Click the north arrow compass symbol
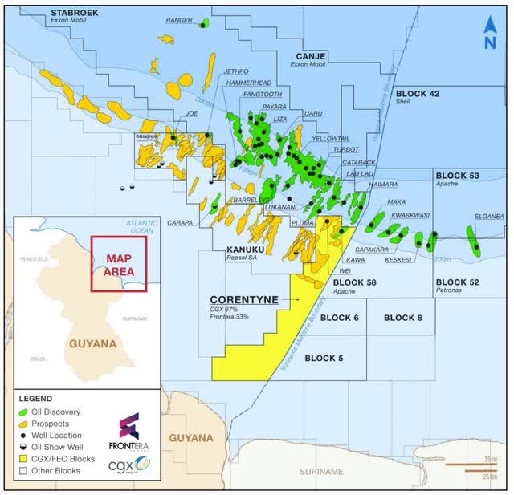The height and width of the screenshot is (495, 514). (x=489, y=34)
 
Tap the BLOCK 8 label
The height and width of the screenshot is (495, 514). (x=403, y=318)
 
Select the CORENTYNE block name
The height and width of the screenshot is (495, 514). (x=243, y=299)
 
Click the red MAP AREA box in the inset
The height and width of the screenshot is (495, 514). (x=118, y=263)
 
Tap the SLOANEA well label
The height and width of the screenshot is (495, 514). (x=488, y=216)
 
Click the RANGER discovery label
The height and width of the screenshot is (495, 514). (x=179, y=20)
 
